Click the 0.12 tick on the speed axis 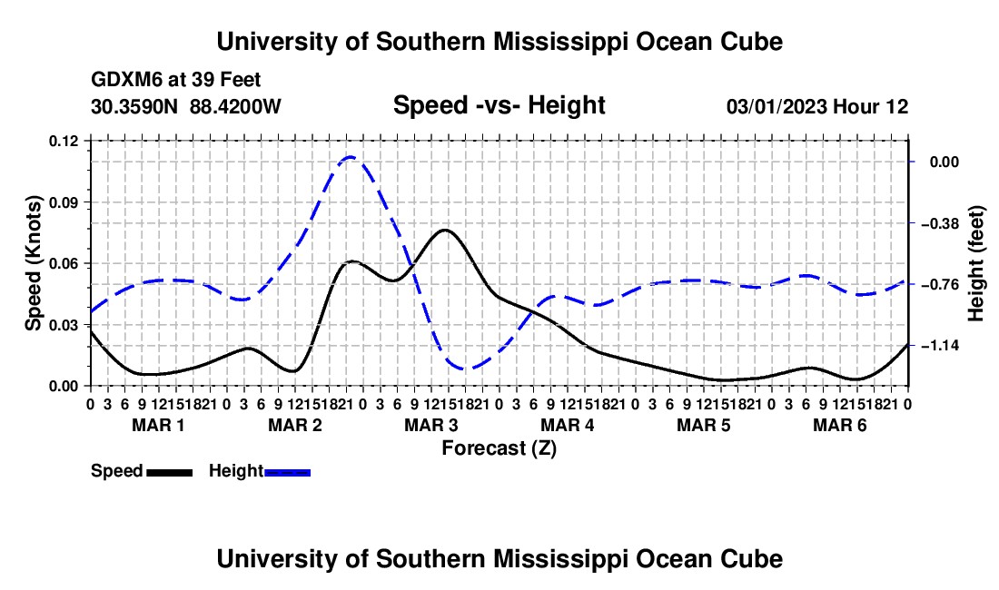point(63,142)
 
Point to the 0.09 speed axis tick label point(63,202)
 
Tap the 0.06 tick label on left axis point(63,263)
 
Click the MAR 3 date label point(431,425)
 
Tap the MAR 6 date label point(840,425)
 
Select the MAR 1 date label point(158,425)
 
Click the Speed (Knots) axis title point(33,263)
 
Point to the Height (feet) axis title point(976,263)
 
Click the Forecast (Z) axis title point(499,448)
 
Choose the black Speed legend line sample point(170,473)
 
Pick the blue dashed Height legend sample point(287,473)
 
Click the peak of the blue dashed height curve point(351,156)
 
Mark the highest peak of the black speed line point(445,230)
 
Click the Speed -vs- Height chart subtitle point(499,105)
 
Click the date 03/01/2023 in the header point(776,106)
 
